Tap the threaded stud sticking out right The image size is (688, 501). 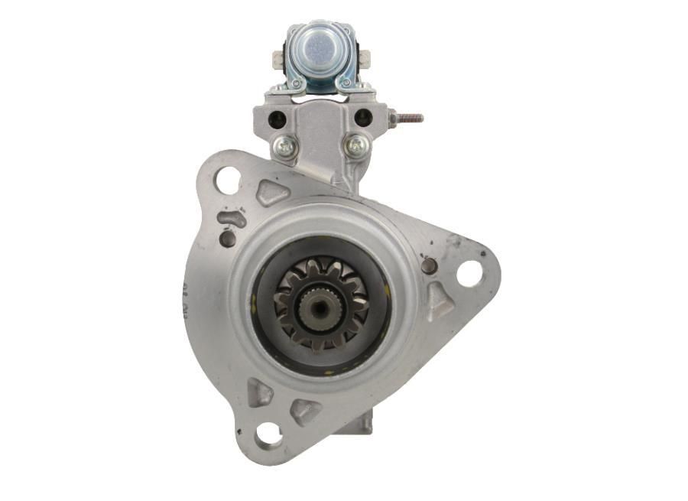[x=410, y=119]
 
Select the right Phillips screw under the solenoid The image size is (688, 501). [x=355, y=145]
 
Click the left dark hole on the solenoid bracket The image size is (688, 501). [x=278, y=119]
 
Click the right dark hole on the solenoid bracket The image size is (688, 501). [x=363, y=118]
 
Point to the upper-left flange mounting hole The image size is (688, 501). [x=227, y=181]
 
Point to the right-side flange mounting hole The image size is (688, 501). [x=469, y=273]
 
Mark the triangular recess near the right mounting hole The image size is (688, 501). [x=438, y=301]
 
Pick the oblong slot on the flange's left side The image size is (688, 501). [x=231, y=219]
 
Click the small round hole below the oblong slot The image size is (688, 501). [x=227, y=239]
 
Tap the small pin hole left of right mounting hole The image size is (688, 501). [x=430, y=265]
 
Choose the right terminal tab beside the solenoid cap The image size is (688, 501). [x=365, y=59]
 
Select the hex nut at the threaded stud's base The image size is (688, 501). [x=393, y=119]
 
